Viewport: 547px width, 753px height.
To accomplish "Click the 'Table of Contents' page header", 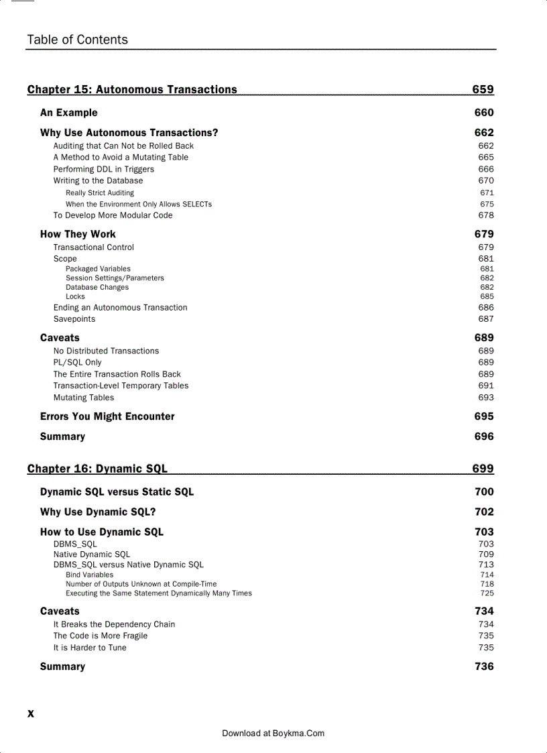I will click(x=77, y=40).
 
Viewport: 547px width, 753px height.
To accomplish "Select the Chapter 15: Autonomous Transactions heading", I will click(x=132, y=90).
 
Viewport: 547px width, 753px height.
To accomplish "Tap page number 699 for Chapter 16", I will click(x=483, y=469).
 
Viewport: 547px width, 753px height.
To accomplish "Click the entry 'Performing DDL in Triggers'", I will click(x=103, y=169).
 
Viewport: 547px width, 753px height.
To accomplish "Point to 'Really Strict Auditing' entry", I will click(x=99, y=193).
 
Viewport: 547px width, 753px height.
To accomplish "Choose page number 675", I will click(x=487, y=204).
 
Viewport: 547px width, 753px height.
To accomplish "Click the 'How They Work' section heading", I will click(x=78, y=234).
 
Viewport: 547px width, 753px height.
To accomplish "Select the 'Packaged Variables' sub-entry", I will click(x=98, y=269).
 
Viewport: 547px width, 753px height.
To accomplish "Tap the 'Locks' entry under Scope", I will click(x=75, y=296).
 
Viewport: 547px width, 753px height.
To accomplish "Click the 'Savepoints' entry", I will click(x=74, y=319).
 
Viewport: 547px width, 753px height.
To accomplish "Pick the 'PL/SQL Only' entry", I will click(x=78, y=362).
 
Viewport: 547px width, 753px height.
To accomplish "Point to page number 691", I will click(x=486, y=386).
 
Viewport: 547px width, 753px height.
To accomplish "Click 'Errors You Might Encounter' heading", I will click(x=107, y=416).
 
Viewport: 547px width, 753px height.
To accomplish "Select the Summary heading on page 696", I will click(x=62, y=437).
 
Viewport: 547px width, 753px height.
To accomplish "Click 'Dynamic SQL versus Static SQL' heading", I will click(x=117, y=491).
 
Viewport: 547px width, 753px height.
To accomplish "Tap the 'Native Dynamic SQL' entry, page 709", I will click(x=92, y=555).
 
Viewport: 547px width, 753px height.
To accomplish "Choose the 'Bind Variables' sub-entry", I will click(x=89, y=575).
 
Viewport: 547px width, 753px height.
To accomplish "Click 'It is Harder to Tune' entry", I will click(x=90, y=648).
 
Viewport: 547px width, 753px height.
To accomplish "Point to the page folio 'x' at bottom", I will click(x=30, y=713).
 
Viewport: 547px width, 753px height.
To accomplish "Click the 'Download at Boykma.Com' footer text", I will click(x=273, y=734).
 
